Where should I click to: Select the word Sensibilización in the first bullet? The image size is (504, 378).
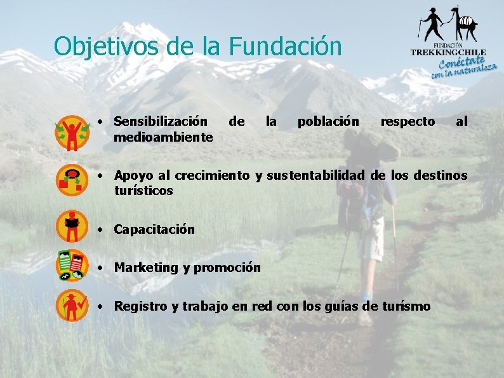click(x=160, y=121)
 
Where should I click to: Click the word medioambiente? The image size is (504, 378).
click(x=163, y=137)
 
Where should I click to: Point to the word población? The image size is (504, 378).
click(x=328, y=121)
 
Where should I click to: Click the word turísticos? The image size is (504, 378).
click(x=143, y=191)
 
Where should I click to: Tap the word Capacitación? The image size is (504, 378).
click(x=154, y=229)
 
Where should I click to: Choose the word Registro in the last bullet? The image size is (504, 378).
click(x=140, y=306)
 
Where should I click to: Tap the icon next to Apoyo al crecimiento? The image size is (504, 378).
click(x=73, y=179)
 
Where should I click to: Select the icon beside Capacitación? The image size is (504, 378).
click(x=73, y=226)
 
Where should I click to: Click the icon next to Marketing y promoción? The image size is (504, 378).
click(x=72, y=266)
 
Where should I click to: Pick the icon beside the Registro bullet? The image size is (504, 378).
click(x=73, y=306)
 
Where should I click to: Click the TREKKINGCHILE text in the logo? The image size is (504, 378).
click(x=448, y=52)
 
